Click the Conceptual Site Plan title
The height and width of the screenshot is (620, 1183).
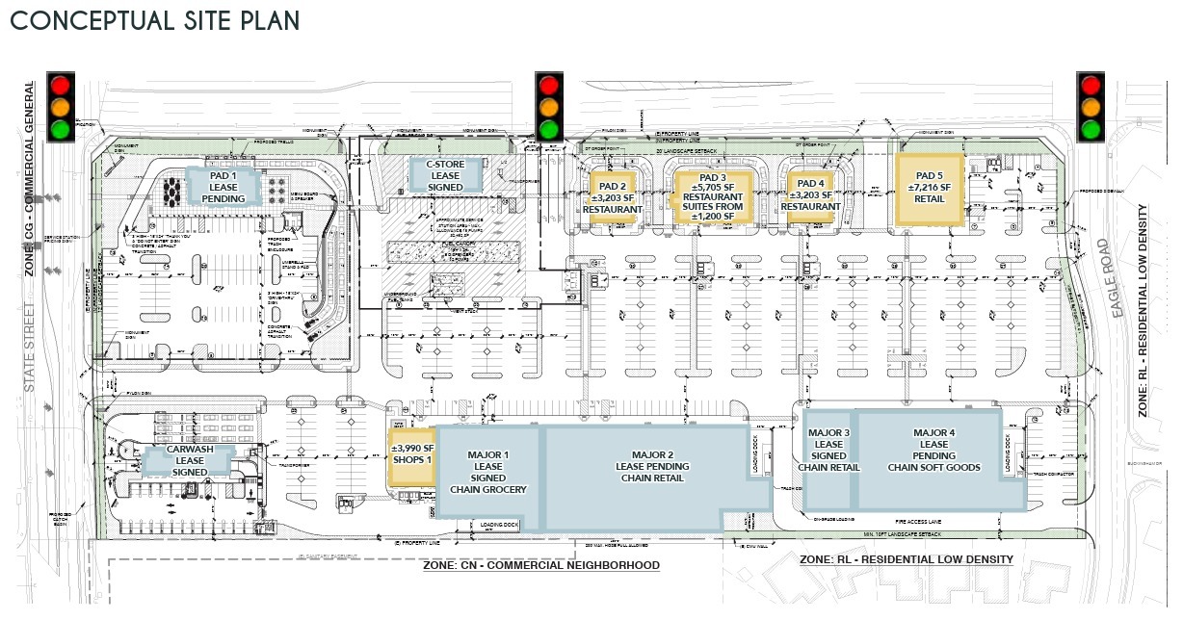154,20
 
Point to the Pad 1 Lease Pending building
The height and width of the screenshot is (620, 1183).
223,186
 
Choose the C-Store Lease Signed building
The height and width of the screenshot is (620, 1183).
438,175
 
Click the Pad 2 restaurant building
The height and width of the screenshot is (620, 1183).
612,196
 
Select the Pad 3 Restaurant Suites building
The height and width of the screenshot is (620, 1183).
712,196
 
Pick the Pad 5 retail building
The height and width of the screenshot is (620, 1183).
930,189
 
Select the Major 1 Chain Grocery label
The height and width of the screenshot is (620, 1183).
488,472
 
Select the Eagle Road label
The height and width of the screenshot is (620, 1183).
1119,279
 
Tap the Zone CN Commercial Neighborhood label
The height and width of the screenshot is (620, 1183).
540,565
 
